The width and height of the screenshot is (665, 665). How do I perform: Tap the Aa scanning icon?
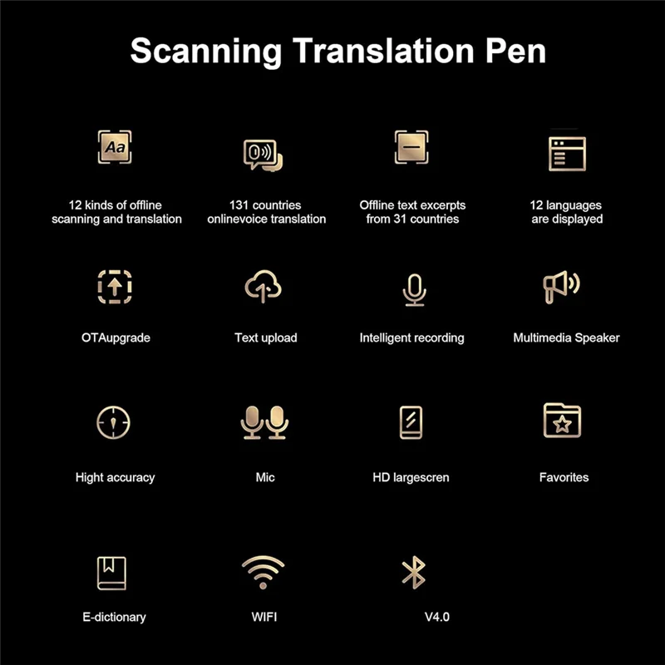(x=115, y=147)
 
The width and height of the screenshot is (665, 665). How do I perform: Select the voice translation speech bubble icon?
(x=263, y=155)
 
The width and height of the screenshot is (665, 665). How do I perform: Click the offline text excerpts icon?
(x=411, y=147)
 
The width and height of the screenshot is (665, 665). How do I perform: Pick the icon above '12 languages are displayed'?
(x=567, y=154)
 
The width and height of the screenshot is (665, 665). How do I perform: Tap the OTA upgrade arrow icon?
(x=115, y=287)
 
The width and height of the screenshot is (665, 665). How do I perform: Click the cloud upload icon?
(x=264, y=287)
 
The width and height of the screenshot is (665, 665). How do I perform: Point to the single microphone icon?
(x=413, y=288)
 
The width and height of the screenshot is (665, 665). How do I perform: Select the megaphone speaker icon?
(x=561, y=287)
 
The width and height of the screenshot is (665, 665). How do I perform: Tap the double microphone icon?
(x=265, y=422)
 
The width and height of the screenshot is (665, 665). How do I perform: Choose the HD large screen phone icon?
(x=411, y=422)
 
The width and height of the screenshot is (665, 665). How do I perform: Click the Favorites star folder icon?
(x=563, y=421)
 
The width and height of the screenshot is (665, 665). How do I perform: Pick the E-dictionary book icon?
(x=111, y=573)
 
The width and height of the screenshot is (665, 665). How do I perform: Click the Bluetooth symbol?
(x=413, y=572)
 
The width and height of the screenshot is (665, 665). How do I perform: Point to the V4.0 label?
(x=437, y=617)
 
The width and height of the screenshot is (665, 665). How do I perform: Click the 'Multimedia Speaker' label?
(x=566, y=337)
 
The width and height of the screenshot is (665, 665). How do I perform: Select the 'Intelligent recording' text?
(x=411, y=337)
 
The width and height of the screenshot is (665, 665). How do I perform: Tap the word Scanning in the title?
(x=207, y=51)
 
